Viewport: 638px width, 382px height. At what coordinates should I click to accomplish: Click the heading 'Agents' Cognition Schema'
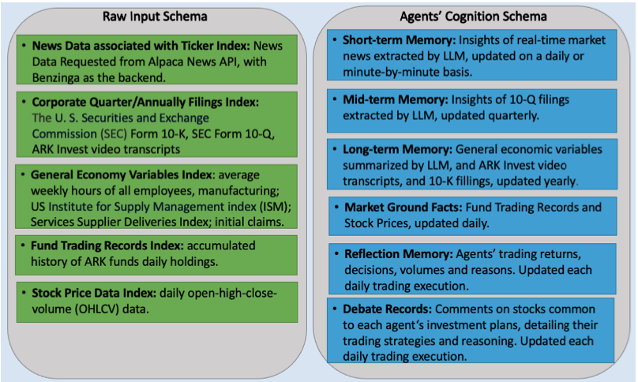point(474,16)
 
